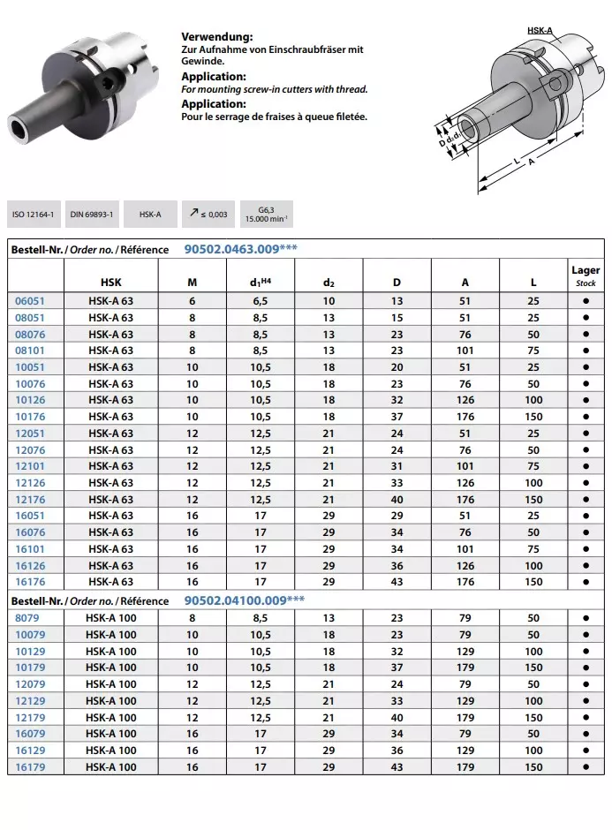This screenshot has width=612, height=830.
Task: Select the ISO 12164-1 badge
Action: click(34, 215)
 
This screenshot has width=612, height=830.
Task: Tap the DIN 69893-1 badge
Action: click(92, 215)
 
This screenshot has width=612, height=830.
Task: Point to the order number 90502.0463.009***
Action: click(241, 249)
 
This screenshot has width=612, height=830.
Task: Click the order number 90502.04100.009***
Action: click(245, 600)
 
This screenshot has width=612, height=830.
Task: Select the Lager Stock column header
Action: click(586, 275)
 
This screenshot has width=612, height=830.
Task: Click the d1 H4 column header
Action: click(261, 283)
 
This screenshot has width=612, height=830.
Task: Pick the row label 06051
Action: click(30, 301)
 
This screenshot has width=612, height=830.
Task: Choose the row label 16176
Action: click(30, 582)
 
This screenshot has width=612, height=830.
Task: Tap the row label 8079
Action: click(27, 618)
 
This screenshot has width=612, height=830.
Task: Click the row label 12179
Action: click(30, 718)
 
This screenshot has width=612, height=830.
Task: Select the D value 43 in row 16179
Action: click(397, 767)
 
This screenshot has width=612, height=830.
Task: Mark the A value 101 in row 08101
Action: click(465, 351)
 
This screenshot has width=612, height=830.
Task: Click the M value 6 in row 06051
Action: click(193, 301)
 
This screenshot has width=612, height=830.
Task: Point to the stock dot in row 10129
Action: click(586, 652)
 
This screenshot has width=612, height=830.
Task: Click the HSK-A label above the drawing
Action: click(540, 31)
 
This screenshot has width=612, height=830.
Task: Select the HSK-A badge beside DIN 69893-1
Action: click(150, 215)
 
